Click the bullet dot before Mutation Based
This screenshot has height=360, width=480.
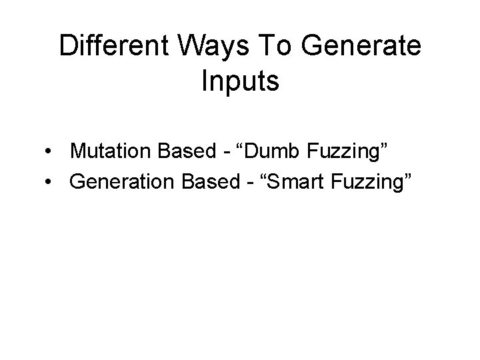49,153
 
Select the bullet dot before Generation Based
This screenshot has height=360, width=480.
49,181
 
